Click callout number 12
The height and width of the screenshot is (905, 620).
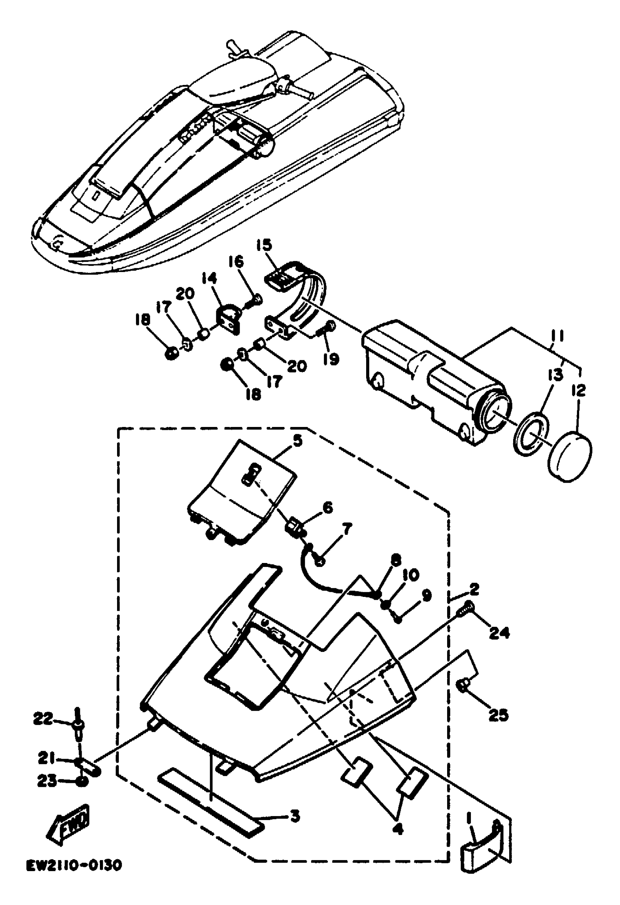[579, 390]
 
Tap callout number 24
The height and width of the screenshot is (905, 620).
[499, 634]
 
